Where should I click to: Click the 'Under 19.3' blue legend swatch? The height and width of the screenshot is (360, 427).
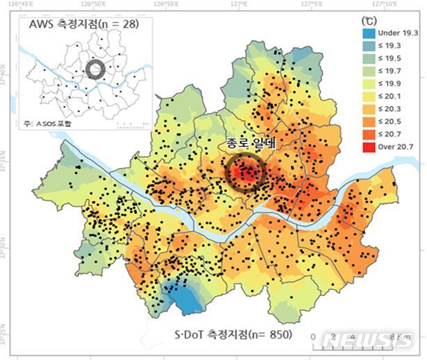[370, 33]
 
